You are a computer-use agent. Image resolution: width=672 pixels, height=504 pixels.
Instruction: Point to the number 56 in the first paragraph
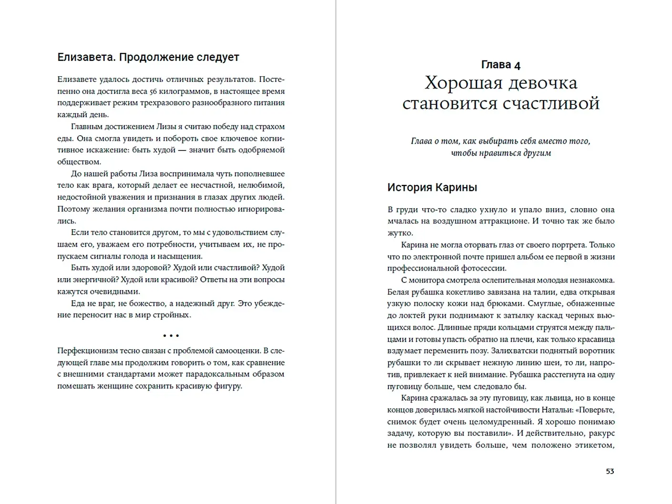point(153,91)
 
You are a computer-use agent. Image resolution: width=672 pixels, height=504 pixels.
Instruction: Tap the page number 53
point(610,471)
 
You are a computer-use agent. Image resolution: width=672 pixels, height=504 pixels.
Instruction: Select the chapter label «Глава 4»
point(500,65)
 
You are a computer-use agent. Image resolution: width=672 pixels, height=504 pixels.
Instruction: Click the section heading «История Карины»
point(432,187)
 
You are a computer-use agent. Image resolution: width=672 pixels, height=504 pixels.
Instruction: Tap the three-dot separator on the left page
point(171,336)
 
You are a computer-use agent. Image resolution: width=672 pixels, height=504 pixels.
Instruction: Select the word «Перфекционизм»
point(87,351)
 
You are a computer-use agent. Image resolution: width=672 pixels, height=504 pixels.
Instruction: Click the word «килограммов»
point(184,91)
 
